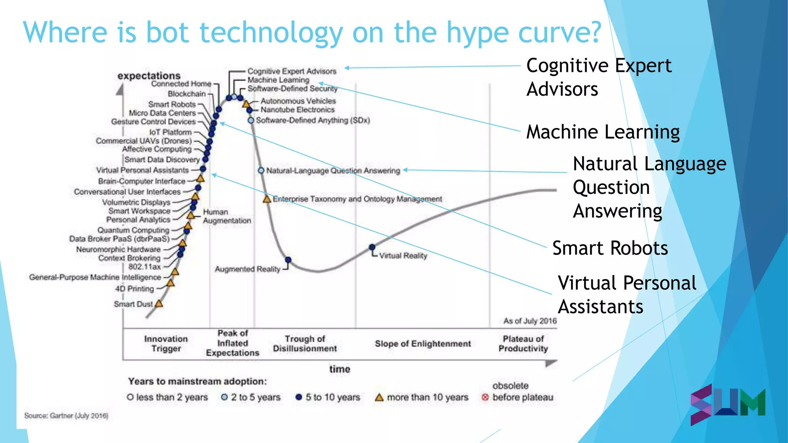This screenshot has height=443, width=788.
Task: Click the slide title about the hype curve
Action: point(312,33)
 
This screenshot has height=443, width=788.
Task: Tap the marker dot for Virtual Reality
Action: point(372,247)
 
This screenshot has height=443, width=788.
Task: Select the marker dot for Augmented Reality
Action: point(288,260)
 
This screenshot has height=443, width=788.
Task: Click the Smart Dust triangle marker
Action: point(159,304)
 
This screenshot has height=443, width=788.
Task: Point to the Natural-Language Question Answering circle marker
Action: point(261,170)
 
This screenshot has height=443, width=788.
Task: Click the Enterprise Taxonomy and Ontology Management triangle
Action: point(267,199)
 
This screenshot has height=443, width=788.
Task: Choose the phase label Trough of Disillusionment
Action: point(305,343)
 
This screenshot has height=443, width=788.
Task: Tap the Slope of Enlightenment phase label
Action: point(422,343)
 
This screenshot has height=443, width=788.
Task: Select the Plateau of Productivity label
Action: point(523,343)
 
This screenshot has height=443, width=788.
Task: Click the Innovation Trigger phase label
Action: point(166,343)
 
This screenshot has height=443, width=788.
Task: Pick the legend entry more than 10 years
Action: point(422,397)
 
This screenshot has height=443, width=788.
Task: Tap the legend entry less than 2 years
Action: point(167,397)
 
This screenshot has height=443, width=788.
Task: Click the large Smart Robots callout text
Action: point(610,248)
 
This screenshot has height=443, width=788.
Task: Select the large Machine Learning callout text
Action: point(603,132)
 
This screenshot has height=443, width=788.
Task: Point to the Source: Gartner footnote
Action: point(66,416)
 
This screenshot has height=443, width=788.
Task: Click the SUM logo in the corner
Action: point(727,404)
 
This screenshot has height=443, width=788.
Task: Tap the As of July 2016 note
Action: point(530,321)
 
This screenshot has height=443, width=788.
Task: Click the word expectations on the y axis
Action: point(149,76)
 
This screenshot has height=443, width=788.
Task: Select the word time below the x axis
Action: point(339,369)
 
